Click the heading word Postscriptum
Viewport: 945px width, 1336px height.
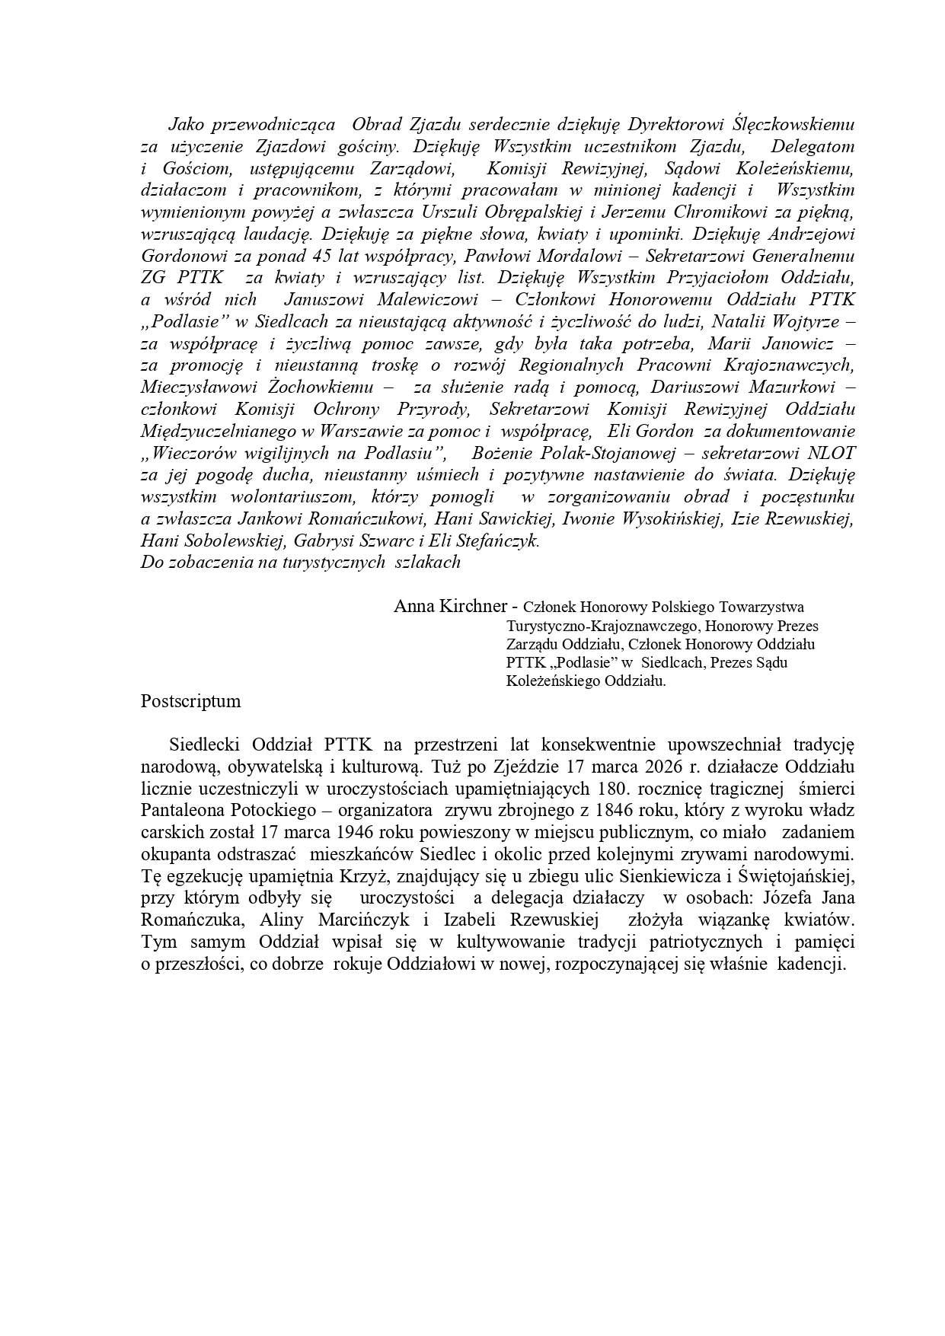click(x=190, y=701)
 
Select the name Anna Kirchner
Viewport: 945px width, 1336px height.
click(x=449, y=606)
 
